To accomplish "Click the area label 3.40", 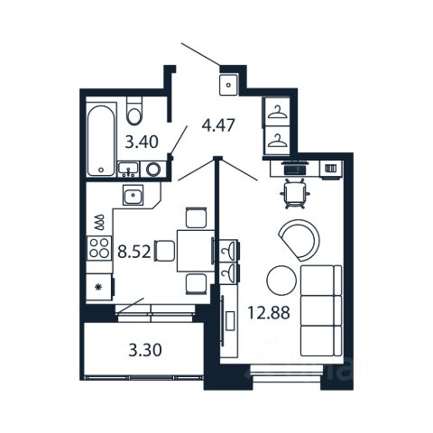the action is [x=142, y=142].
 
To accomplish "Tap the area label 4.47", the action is [x=217, y=125].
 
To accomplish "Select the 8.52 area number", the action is [x=134, y=252].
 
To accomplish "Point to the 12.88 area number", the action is [x=269, y=312].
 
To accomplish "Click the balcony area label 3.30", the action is [x=145, y=350].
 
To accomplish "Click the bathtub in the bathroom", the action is [x=101, y=140].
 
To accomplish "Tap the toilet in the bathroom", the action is [x=134, y=111].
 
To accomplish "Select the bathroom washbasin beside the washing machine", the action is [x=128, y=170].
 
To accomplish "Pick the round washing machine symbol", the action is [x=153, y=170].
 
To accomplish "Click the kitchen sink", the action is [x=133, y=195].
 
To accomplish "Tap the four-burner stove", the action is [x=99, y=248].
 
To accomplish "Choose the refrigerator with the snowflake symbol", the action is [x=99, y=287].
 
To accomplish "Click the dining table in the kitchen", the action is [x=196, y=251].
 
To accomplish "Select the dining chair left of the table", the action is [x=164, y=251].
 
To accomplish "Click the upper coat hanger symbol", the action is [x=276, y=113].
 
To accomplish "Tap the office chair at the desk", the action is [x=296, y=193].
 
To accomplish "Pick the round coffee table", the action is [x=281, y=281].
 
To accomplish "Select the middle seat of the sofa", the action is [x=321, y=310].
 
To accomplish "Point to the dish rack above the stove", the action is [x=99, y=223].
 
